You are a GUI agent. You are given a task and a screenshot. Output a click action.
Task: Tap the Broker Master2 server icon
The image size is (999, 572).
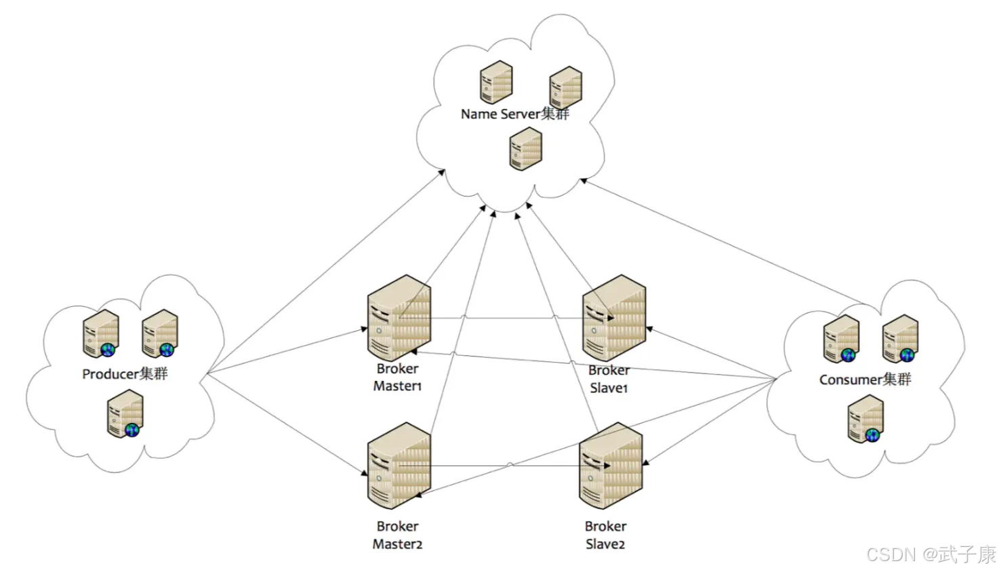point(399,466)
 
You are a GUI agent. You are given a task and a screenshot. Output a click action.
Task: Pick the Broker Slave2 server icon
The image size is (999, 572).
point(611,466)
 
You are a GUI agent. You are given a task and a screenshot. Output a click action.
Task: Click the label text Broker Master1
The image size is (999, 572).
point(398,377)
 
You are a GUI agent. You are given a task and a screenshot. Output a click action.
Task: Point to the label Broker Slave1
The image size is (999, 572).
point(609,379)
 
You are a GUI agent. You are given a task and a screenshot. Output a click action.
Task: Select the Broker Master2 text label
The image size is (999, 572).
point(398,535)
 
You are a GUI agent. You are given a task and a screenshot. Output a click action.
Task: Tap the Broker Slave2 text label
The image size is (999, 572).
point(605,535)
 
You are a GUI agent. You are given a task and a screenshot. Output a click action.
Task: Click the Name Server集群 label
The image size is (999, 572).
point(515,114)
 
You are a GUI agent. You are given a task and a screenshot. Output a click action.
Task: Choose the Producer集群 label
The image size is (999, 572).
point(125,373)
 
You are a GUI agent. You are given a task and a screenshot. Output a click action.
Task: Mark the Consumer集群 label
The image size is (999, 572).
point(865,380)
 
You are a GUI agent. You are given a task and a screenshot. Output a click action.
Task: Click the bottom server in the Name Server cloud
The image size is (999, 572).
point(526,148)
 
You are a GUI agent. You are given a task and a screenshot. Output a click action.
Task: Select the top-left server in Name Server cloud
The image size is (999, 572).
point(496,82)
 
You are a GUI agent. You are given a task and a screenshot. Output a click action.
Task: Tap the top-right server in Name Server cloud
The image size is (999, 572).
point(566,87)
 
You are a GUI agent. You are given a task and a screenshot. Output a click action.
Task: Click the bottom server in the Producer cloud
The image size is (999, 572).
point(125,413)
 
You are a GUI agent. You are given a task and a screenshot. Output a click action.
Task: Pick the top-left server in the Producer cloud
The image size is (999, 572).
point(101,333)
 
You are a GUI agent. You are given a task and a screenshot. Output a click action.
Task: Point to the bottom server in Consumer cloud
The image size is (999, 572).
point(866,419)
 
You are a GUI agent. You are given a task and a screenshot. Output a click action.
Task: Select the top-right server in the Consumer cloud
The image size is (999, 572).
point(900,339)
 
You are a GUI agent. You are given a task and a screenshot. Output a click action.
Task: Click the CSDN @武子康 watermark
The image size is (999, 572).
point(931,554)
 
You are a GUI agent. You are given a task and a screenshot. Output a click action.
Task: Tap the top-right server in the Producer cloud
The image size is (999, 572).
point(160,333)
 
